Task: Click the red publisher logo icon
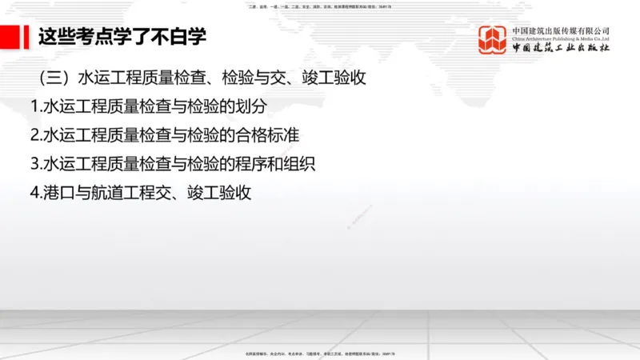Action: pyautogui.click(x=493, y=40)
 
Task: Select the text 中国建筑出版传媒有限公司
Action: pyautogui.click(x=562, y=30)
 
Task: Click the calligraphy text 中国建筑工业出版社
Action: pyautogui.click(x=562, y=48)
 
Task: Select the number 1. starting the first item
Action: pyautogui.click(x=35, y=106)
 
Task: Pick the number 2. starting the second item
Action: pyautogui.click(x=35, y=135)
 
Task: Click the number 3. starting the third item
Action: pyautogui.click(x=35, y=164)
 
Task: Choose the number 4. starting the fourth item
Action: pyautogui.click(x=35, y=193)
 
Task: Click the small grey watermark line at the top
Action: pyautogui.click(x=320, y=6)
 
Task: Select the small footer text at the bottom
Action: pyautogui.click(x=320, y=353)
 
